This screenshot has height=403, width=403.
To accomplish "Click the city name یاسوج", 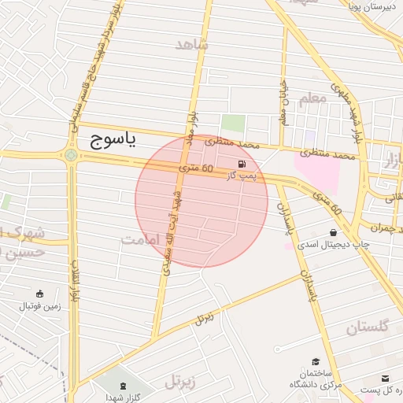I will (109, 141).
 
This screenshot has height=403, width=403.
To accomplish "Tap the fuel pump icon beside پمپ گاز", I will (239, 165).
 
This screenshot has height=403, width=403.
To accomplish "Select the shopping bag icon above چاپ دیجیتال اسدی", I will (335, 233).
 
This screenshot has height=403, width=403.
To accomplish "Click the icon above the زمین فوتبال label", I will (39, 292).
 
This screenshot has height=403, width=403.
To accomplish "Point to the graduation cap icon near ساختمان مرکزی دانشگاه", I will (316, 360).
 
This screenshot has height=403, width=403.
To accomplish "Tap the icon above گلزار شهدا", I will (122, 386).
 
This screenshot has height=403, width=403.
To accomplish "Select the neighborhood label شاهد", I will (192, 45).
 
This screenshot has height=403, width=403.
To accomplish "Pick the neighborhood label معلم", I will (312, 98).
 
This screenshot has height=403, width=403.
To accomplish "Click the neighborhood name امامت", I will (141, 239).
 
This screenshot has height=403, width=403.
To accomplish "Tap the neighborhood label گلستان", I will (368, 328).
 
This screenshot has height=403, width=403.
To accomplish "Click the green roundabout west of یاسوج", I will (72, 155).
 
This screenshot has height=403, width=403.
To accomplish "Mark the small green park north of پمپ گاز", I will (232, 124).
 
